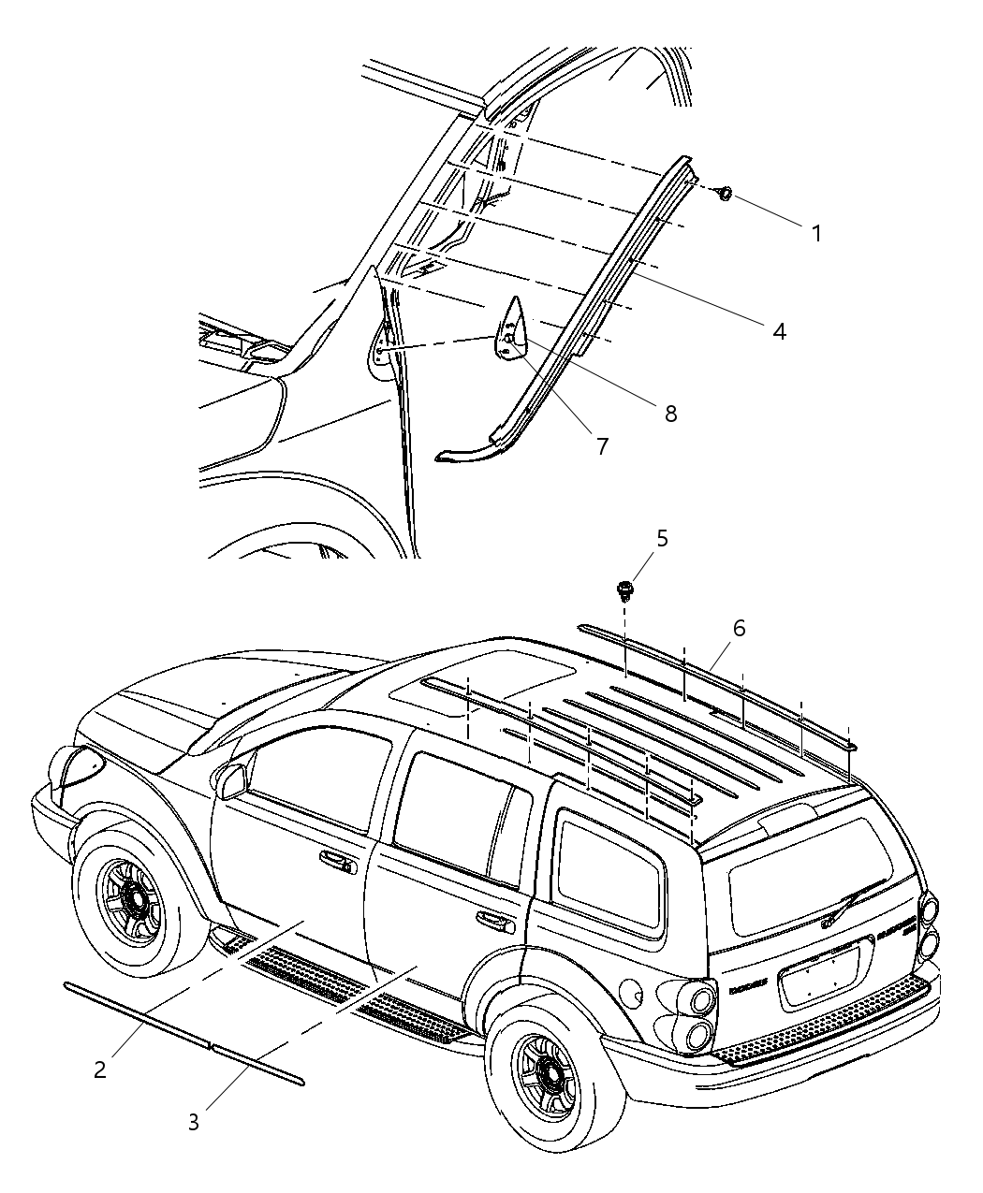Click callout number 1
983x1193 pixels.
pyautogui.click(x=816, y=233)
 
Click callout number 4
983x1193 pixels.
pyautogui.click(x=778, y=330)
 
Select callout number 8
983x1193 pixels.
pyautogui.click(x=670, y=413)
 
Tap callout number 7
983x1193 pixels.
pyautogui.click(x=602, y=447)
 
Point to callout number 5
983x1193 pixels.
pyautogui.click(x=662, y=538)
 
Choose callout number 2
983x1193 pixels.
pyautogui.click(x=100, y=1069)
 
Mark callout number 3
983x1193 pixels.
pyautogui.click(x=193, y=1122)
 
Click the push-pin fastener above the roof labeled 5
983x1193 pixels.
pyautogui.click(x=624, y=590)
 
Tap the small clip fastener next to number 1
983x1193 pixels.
pyautogui.click(x=724, y=194)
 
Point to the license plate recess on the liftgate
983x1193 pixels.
pyautogui.click(x=819, y=976)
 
